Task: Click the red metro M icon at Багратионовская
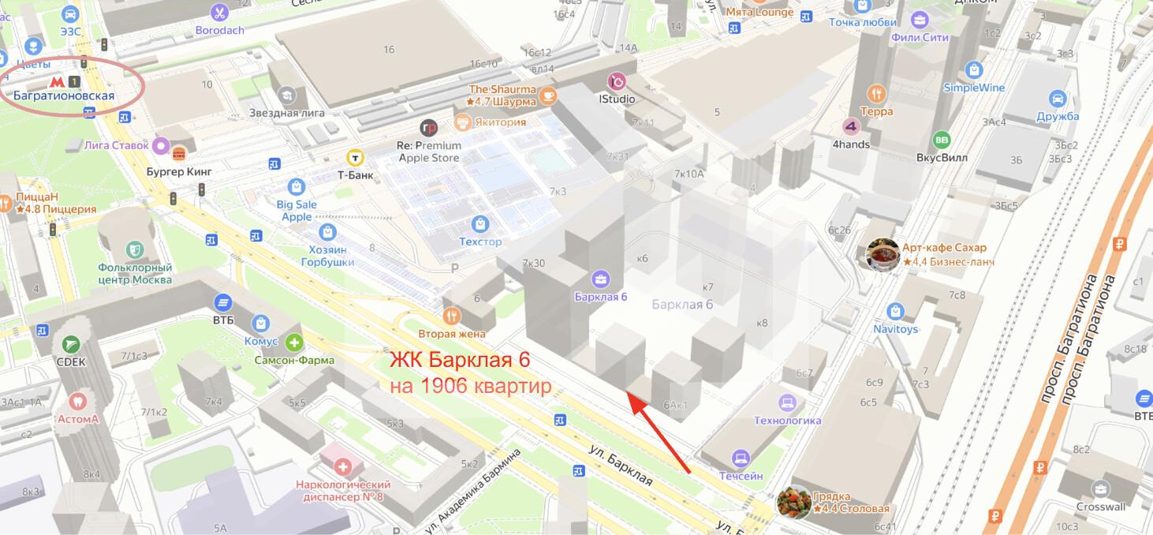[x=56, y=81]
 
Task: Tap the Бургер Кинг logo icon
[x=177, y=152]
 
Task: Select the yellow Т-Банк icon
[x=356, y=156]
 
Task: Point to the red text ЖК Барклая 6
[x=460, y=361]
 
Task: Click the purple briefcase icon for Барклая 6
[x=601, y=279]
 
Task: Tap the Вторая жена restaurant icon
[x=451, y=316]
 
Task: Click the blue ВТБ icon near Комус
[x=223, y=302]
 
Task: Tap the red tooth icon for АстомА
[x=77, y=401]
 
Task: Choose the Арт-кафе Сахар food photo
[x=882, y=254]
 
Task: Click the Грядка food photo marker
[x=793, y=502]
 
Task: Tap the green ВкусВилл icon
[x=941, y=140]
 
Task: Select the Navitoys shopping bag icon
[x=895, y=311]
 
